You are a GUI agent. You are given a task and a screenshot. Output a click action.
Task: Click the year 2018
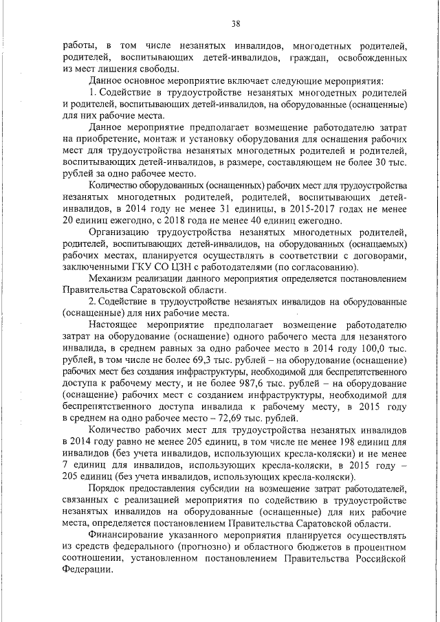[x=181, y=221]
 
